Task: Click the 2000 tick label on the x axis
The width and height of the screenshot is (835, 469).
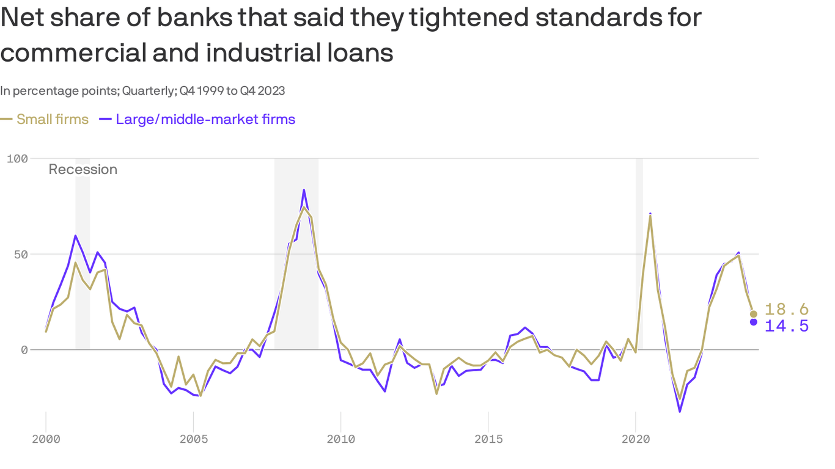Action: (x=45, y=438)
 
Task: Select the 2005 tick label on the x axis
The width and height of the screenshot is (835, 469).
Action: (x=193, y=438)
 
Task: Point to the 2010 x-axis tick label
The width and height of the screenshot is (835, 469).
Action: (x=340, y=438)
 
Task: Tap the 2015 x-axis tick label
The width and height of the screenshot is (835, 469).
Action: (x=488, y=438)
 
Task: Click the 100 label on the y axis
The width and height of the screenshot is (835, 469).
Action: (x=17, y=159)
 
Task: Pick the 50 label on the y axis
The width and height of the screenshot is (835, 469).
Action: (x=21, y=254)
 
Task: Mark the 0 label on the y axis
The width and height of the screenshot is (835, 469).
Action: (x=24, y=350)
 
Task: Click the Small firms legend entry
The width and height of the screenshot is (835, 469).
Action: (x=52, y=119)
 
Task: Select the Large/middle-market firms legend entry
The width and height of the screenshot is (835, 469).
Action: (x=205, y=119)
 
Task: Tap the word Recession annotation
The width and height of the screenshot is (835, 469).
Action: (x=83, y=170)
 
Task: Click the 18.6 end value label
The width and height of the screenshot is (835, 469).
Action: (x=787, y=310)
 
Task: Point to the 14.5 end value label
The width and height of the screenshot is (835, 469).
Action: (x=787, y=326)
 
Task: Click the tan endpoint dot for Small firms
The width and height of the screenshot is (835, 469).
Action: (x=754, y=314)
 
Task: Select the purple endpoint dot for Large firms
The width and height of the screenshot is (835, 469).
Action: (x=754, y=322)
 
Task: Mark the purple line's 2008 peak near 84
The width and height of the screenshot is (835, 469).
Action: (x=304, y=190)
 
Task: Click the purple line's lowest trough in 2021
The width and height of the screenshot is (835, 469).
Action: (x=680, y=412)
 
